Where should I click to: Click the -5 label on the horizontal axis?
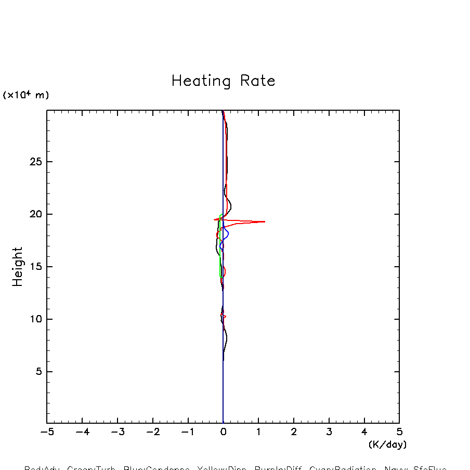pos(47,432)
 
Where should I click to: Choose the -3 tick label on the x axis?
pos(117,432)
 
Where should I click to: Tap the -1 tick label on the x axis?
pos(188,432)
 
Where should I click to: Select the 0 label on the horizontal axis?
pos(223,432)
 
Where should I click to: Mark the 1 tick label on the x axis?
pos(258,432)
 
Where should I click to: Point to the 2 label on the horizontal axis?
pos(294,432)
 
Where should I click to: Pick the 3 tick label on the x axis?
pos(329,432)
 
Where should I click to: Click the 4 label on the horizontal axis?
pos(364,432)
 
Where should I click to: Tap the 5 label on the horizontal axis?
pos(399,432)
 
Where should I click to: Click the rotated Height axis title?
pos(18,267)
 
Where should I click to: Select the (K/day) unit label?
pos(387,445)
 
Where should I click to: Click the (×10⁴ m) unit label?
pos(26,95)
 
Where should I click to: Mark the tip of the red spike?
pos(265,221)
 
